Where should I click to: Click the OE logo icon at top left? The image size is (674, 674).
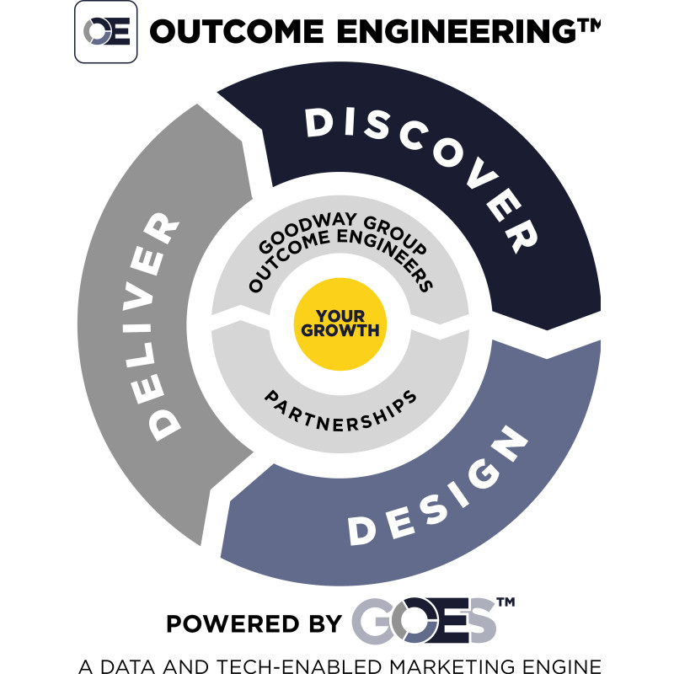pos(106,32)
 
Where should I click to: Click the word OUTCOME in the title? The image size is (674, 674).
pos(237,31)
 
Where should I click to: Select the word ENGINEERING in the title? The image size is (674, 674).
pos(457,31)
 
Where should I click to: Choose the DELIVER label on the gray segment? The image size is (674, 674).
pos(152,327)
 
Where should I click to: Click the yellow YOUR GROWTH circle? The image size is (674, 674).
pos(340,324)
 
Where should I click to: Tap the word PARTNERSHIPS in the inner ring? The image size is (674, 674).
pos(340,411)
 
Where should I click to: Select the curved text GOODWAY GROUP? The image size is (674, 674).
pos(343,233)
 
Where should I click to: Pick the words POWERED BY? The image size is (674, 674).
pos(254,623)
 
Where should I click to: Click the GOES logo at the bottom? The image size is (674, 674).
pos(424,620)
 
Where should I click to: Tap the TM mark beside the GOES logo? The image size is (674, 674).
pos(506,602)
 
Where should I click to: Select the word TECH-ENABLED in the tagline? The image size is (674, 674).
pos(299,666)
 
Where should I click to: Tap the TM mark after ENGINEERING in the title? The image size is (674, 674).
pos(589,26)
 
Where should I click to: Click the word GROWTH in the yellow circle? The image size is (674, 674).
pos(340,330)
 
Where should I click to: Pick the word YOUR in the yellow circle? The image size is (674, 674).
pos(340,317)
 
